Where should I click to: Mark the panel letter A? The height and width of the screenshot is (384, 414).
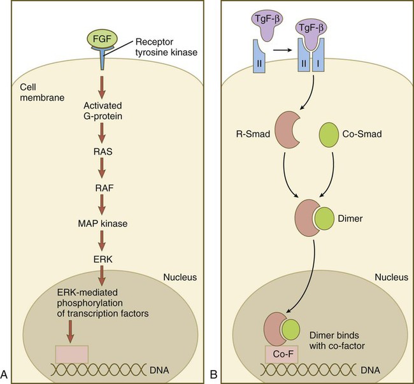click(x=6, y=373)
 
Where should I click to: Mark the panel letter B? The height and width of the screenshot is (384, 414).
click(x=215, y=373)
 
